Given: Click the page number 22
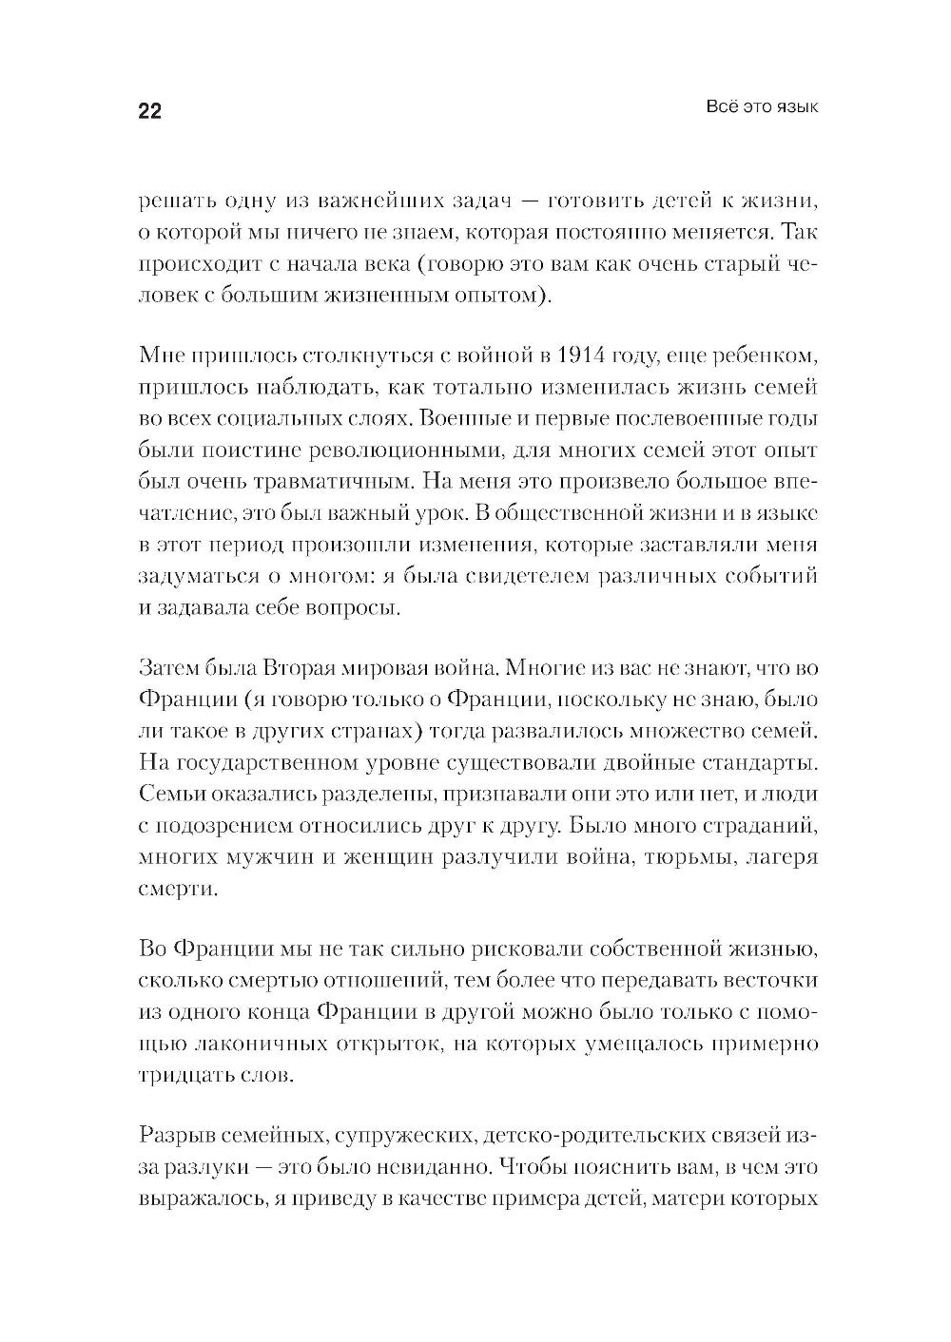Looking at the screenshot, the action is tap(150, 112).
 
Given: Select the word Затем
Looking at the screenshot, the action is tap(170, 668).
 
